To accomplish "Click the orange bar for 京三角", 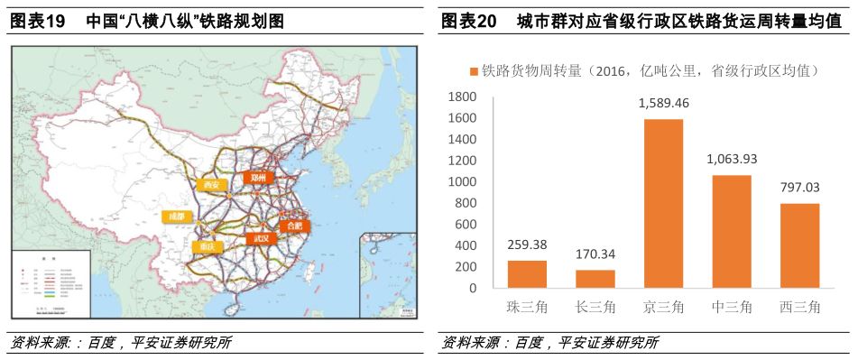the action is click(x=663, y=204).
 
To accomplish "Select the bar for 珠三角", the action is click(x=527, y=274).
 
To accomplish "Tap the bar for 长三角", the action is click(x=595, y=279).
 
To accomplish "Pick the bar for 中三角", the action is click(x=732, y=232).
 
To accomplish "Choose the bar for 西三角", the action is click(x=799, y=245).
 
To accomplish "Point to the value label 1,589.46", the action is click(x=663, y=103).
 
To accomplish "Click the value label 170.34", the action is click(x=595, y=254).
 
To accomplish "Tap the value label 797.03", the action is click(x=799, y=188).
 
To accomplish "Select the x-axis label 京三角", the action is click(x=663, y=307).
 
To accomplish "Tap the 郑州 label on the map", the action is click(x=259, y=178).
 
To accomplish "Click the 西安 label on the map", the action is click(x=211, y=185).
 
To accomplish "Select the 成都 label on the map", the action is click(x=176, y=217).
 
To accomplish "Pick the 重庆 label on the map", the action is click(x=204, y=245).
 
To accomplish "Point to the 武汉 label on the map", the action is click(x=260, y=238).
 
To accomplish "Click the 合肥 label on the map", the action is click(x=293, y=226).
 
